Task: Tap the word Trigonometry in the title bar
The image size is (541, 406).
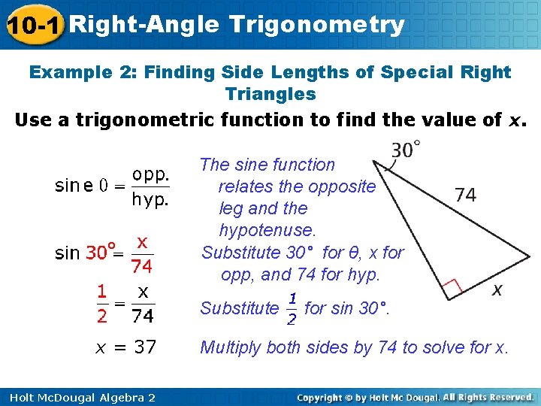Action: point(317,25)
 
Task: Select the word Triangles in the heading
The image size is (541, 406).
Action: point(270,94)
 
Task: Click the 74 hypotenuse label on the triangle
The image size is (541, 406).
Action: point(465,195)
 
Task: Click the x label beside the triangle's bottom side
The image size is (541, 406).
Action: point(497,289)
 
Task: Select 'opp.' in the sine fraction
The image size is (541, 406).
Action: point(150,174)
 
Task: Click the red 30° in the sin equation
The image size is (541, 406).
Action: point(101,253)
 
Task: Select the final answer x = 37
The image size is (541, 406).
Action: point(125,347)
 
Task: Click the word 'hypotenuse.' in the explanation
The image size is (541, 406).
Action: point(267,229)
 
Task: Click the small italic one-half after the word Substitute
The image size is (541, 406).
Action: point(291,309)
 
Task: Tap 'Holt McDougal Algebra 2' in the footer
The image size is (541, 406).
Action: point(79,397)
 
